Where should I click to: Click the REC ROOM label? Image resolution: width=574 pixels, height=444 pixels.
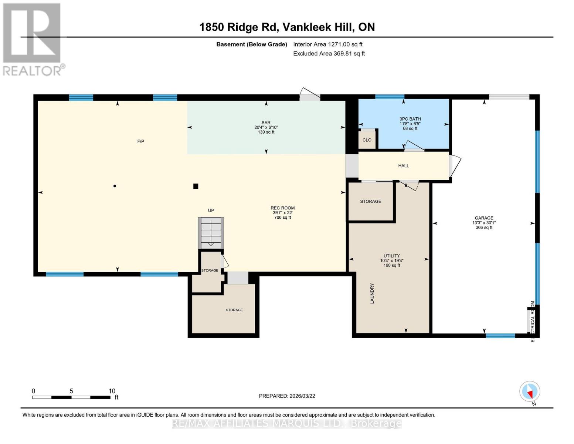click(x=282, y=208)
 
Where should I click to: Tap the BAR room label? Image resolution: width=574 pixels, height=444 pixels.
click(x=266, y=123)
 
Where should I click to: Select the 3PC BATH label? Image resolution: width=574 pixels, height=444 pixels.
click(x=410, y=119)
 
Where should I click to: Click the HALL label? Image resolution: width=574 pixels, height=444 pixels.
click(x=403, y=166)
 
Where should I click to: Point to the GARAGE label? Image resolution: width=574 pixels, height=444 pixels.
click(x=484, y=218)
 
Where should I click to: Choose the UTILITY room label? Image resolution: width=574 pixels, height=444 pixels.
click(x=391, y=256)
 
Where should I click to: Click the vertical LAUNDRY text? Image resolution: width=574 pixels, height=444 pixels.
click(x=372, y=293)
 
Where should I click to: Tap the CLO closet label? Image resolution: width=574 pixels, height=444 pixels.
click(x=367, y=140)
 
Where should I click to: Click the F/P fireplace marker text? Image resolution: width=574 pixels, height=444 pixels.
click(x=140, y=141)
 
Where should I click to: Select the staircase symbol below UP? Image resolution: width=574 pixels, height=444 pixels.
click(x=211, y=233)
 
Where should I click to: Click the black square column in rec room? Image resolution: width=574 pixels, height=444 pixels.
click(x=196, y=186)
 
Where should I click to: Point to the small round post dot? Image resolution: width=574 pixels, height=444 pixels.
click(x=115, y=186)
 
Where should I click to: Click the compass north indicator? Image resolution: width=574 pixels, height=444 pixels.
click(x=530, y=391)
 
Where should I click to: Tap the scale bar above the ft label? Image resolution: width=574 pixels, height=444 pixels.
click(x=71, y=397)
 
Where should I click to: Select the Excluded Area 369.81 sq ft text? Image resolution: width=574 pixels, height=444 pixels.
click(x=329, y=54)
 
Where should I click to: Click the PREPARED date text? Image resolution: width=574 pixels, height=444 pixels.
click(x=287, y=396)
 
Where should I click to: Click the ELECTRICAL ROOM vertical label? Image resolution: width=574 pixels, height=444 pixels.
click(x=533, y=321)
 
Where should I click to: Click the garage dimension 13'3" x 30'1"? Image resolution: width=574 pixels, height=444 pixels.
click(x=484, y=223)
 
